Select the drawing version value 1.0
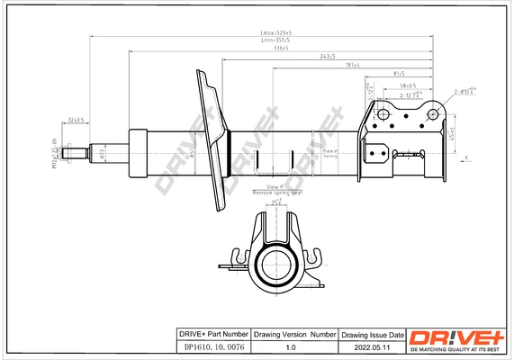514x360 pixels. [x=290, y=346]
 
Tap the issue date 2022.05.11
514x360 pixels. [x=371, y=346]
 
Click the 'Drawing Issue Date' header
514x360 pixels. [x=371, y=334]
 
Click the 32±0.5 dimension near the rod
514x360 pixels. [x=76, y=119]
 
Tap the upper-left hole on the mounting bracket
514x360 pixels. [x=382, y=115]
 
